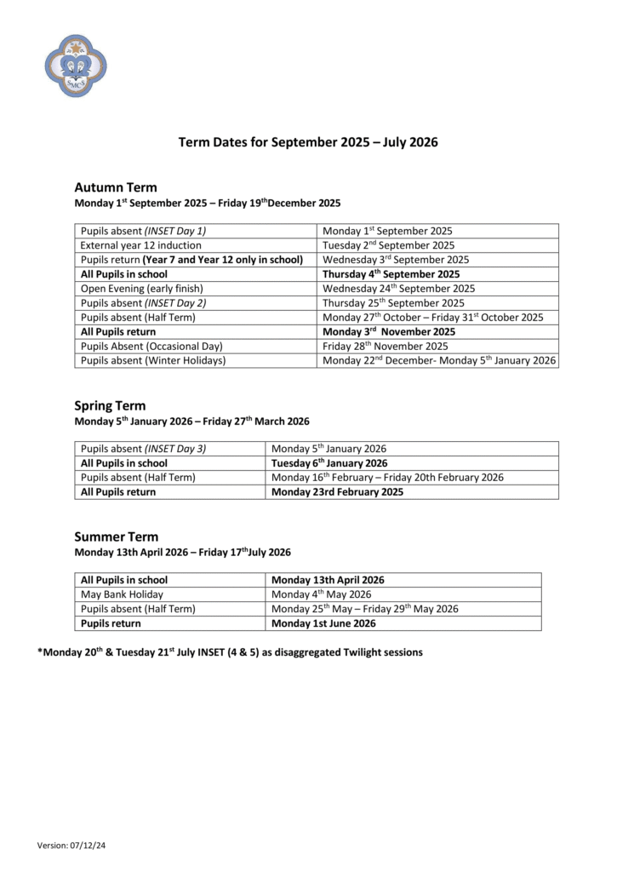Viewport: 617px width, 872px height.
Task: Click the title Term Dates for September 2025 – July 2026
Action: tap(308, 142)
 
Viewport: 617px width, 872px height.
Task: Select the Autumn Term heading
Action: tap(116, 187)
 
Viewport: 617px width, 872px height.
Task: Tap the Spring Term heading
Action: tap(110, 405)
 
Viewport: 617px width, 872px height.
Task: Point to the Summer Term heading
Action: tap(116, 536)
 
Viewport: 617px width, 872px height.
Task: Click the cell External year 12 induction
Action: tap(141, 245)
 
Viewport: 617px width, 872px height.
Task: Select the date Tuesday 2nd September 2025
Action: tap(388, 245)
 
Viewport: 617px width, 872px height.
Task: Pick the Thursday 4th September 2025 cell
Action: tap(391, 274)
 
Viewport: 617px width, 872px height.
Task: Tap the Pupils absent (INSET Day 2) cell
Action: tap(143, 303)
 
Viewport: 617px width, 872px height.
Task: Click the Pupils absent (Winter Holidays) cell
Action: tap(153, 361)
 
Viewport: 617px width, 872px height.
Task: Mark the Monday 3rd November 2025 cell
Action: tap(389, 332)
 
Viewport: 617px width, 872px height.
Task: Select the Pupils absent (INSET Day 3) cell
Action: tap(143, 449)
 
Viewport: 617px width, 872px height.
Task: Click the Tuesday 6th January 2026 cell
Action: tap(329, 463)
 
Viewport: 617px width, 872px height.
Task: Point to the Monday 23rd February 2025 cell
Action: tap(337, 492)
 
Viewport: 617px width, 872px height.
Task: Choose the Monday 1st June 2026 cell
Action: tap(323, 623)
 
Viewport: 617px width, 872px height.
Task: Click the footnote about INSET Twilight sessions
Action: tap(230, 652)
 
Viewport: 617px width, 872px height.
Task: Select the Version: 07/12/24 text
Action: tap(77, 845)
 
